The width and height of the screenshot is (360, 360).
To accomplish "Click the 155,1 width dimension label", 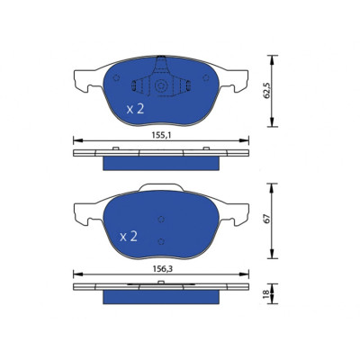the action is click(x=161, y=136).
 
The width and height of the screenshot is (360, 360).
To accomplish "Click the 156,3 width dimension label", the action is click(x=161, y=269).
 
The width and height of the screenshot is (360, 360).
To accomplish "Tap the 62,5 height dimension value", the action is click(x=267, y=90).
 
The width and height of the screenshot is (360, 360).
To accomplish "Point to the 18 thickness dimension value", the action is click(x=265, y=294).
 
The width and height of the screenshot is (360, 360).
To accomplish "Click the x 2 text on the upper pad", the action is click(x=135, y=109).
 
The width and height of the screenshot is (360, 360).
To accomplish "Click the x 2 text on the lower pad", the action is click(x=129, y=237).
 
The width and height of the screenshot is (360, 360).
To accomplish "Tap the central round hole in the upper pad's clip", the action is click(x=161, y=85).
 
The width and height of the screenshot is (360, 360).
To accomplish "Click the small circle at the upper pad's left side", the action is click(x=116, y=78).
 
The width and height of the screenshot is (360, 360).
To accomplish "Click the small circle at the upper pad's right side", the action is click(x=206, y=78).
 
